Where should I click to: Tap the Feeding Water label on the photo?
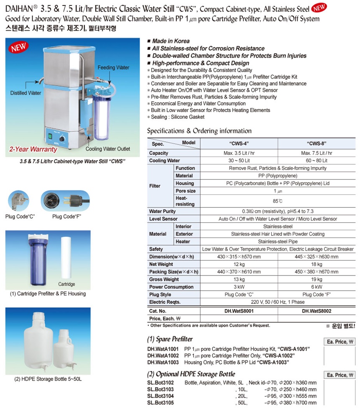(113, 68)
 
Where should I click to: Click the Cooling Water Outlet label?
(108, 149)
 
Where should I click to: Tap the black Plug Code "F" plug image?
(65, 200)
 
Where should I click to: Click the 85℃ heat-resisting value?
(278, 201)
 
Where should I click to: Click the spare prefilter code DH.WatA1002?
(163, 355)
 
